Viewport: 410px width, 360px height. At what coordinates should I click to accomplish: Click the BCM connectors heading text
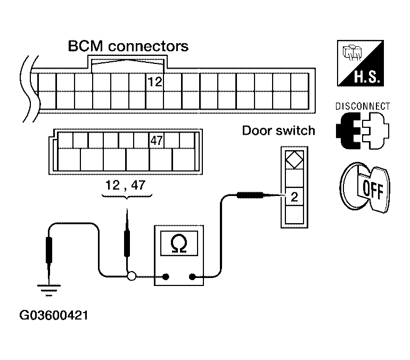point(128,46)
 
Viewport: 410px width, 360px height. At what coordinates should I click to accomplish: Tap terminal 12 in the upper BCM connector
point(155,82)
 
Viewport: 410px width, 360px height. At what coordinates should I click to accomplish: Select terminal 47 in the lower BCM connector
point(157,141)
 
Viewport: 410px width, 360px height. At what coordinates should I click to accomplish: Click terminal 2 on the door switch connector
point(294,197)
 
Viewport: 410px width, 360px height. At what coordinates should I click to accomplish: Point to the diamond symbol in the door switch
point(294,160)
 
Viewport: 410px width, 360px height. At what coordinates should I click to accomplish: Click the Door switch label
point(278,130)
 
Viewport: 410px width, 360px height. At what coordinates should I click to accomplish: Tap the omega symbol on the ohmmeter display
point(179,244)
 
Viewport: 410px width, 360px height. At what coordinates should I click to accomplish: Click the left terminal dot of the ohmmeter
point(166,276)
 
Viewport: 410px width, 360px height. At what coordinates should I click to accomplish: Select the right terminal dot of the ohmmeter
point(192,276)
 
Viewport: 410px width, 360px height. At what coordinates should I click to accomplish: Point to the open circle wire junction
point(132,276)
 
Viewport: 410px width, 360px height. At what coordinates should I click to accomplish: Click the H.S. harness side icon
point(360,63)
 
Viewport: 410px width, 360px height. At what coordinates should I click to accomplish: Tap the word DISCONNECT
point(363,106)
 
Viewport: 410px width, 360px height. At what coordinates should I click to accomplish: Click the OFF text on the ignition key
point(373,190)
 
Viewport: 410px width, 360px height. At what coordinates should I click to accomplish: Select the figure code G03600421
point(54,315)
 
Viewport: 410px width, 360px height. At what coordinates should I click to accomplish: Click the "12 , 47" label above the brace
point(125,185)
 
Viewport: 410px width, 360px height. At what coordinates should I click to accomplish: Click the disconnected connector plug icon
point(363,130)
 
